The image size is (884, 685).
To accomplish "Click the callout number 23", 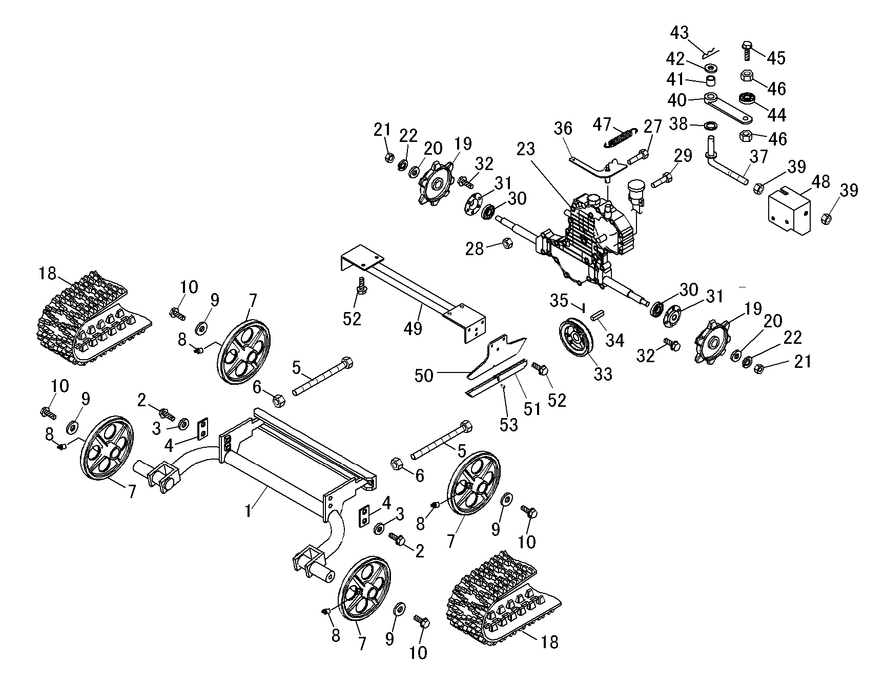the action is (526, 150).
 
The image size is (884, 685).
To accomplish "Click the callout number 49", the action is (413, 327).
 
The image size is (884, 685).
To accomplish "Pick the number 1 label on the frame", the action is (249, 511).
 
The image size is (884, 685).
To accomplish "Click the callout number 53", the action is (509, 425).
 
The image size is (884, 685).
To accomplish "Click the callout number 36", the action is (563, 128).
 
